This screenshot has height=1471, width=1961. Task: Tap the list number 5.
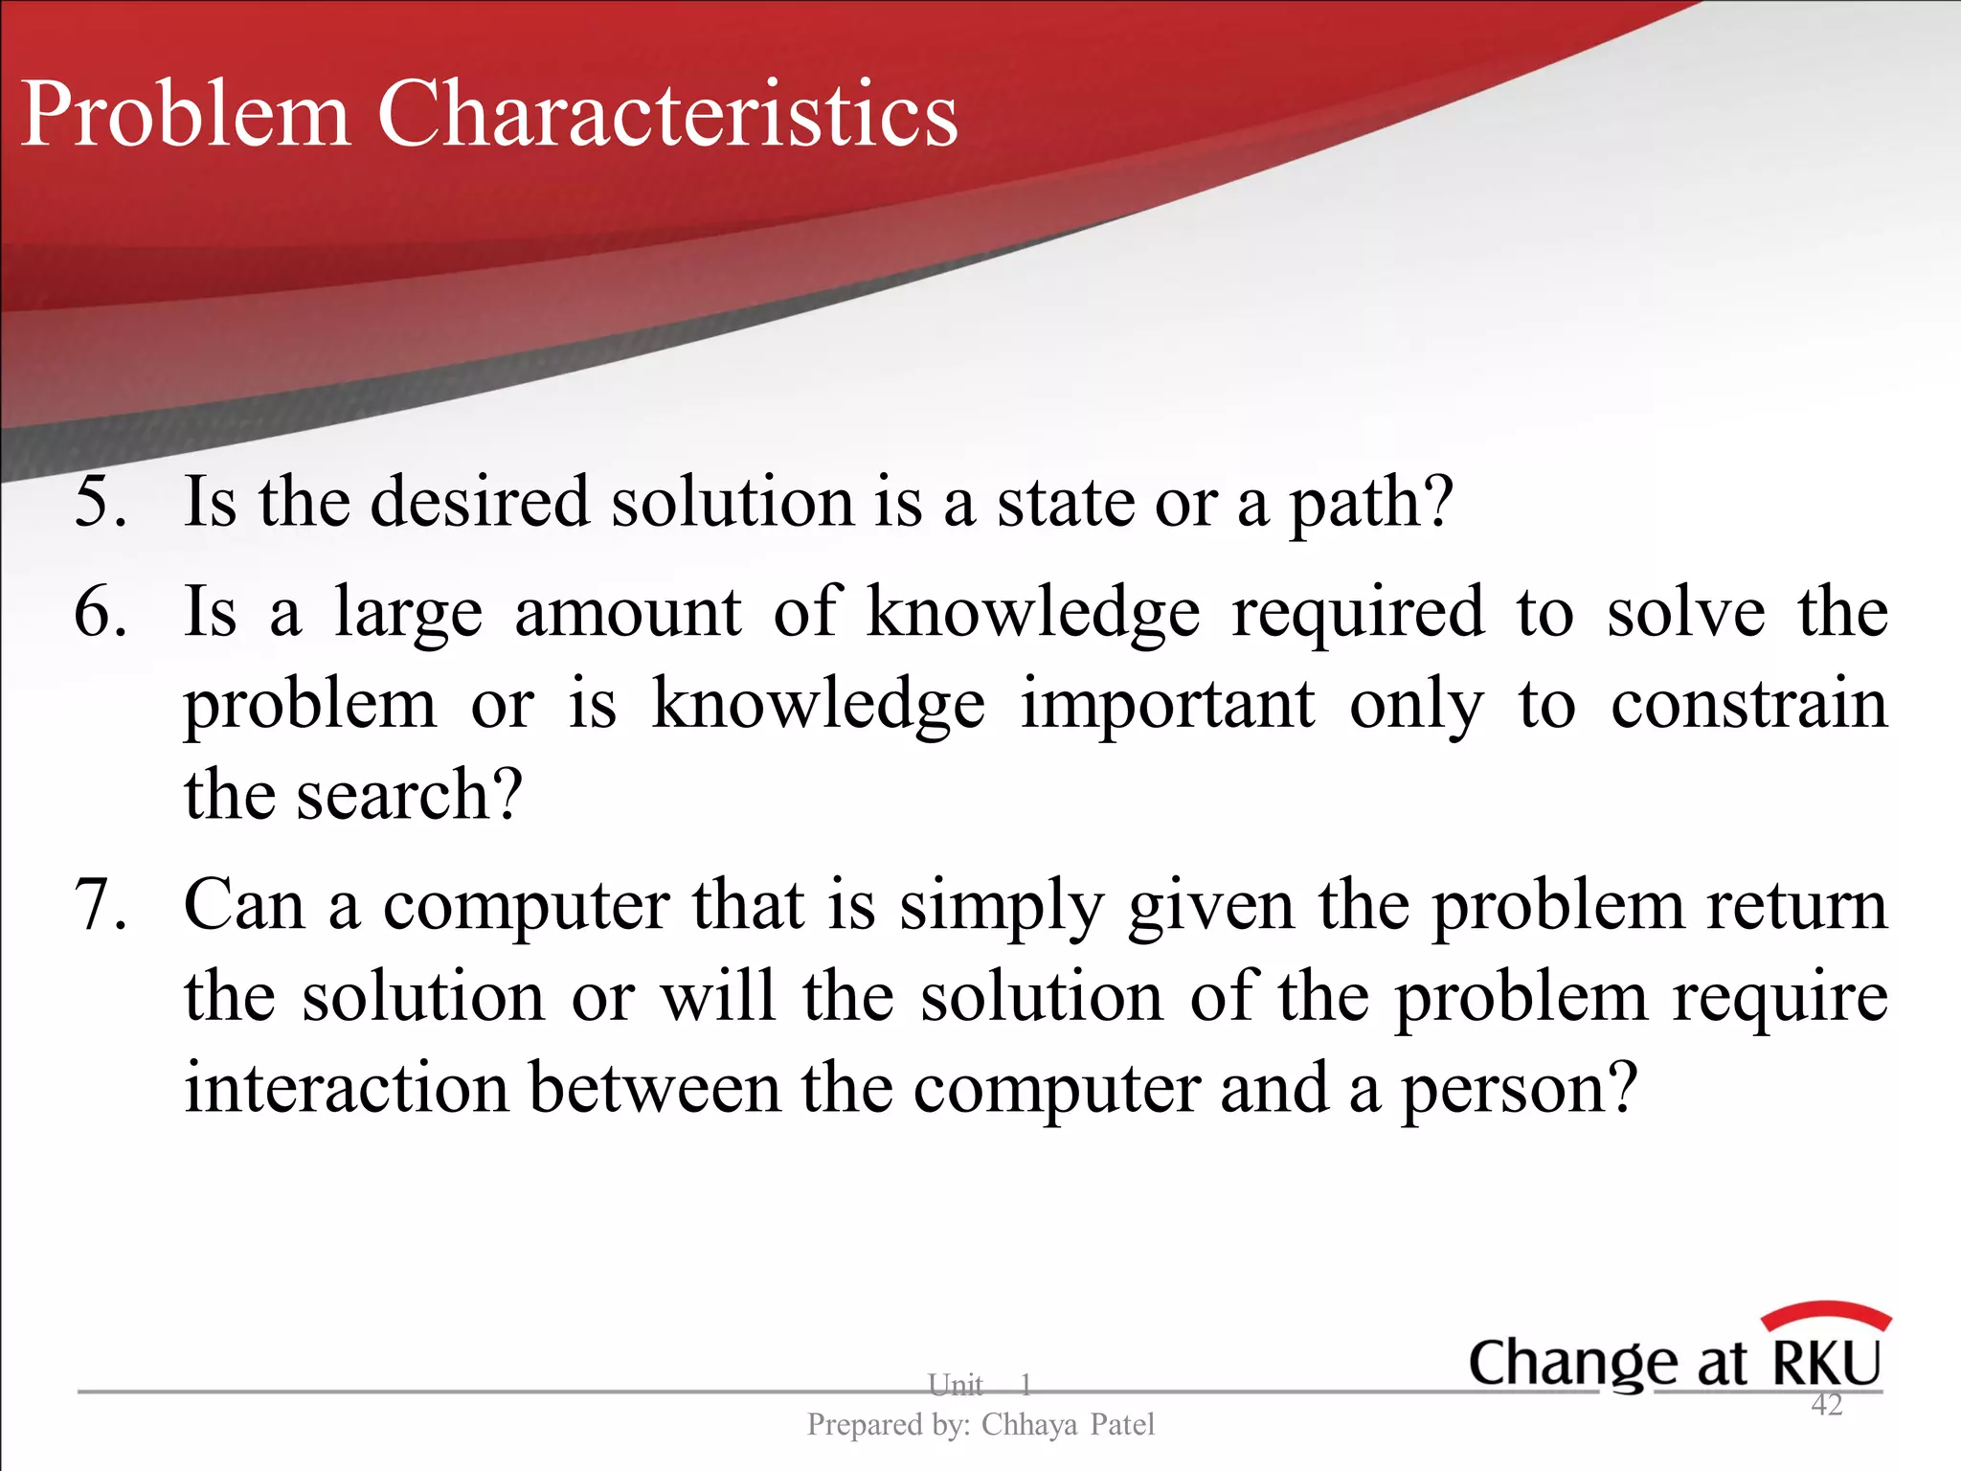pos(99,502)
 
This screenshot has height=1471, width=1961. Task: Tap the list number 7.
pos(99,905)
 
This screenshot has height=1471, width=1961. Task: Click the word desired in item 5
pos(479,502)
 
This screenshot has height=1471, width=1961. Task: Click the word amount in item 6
pos(627,613)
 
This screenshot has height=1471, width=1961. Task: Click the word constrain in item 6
pos(1748,705)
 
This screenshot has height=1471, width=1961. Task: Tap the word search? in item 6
pos(409,795)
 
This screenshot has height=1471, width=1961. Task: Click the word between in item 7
pos(655,1089)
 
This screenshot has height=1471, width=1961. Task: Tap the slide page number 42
pos(1826,1405)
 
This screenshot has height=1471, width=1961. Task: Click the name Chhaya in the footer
pos(1029,1425)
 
